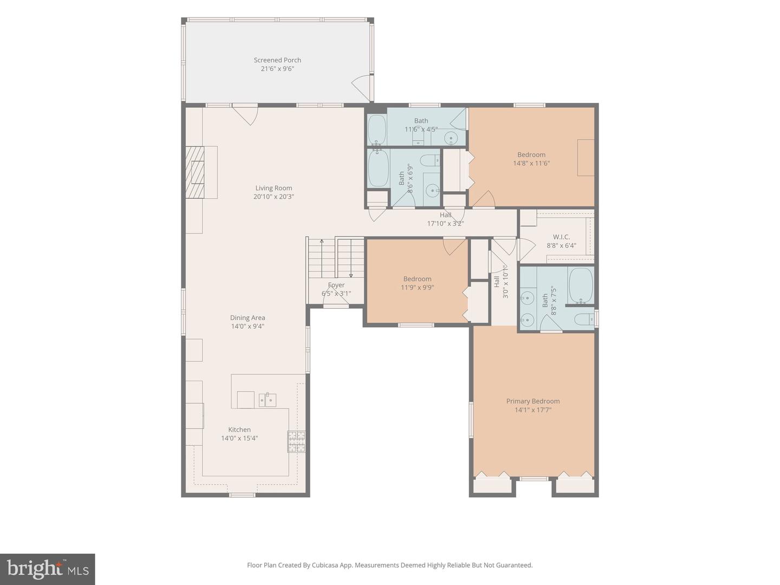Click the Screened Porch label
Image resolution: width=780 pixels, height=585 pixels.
(277, 60)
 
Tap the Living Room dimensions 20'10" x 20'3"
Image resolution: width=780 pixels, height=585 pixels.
(274, 197)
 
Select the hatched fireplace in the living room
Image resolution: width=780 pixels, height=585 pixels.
(195, 172)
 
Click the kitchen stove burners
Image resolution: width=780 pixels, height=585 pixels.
(296, 441)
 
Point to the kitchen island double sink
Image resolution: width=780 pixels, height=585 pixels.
(267, 400)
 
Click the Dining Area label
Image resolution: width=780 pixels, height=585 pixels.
(248, 317)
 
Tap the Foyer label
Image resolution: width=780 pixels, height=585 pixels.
(336, 285)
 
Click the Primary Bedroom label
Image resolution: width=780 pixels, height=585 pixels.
(532, 401)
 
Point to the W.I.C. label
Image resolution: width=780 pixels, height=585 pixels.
(561, 237)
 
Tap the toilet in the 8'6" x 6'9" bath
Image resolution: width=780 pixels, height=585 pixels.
(430, 161)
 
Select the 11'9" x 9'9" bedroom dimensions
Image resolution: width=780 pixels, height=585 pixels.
(417, 287)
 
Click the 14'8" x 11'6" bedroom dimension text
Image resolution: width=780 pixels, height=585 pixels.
(531, 164)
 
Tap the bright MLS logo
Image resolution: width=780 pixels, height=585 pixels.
(47, 569)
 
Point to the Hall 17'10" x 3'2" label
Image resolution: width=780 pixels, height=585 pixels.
(445, 219)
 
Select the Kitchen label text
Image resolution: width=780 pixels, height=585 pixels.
(239, 430)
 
